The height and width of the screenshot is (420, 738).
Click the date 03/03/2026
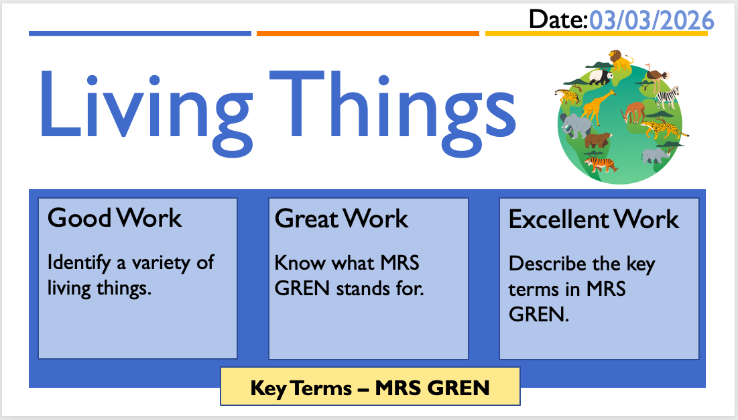652,21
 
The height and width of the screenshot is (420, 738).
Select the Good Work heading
115,217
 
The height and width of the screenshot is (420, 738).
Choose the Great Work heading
341,219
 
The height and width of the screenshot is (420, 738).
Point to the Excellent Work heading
593,219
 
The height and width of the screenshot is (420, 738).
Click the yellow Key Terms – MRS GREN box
371,386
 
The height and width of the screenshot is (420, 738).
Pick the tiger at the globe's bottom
601,164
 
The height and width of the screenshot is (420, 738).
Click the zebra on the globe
668,97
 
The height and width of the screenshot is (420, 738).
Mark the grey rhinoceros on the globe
655,155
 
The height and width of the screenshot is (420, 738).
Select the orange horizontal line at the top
367,34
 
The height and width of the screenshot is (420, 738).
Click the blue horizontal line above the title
140,34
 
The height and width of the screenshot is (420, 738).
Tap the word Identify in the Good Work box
79,263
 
